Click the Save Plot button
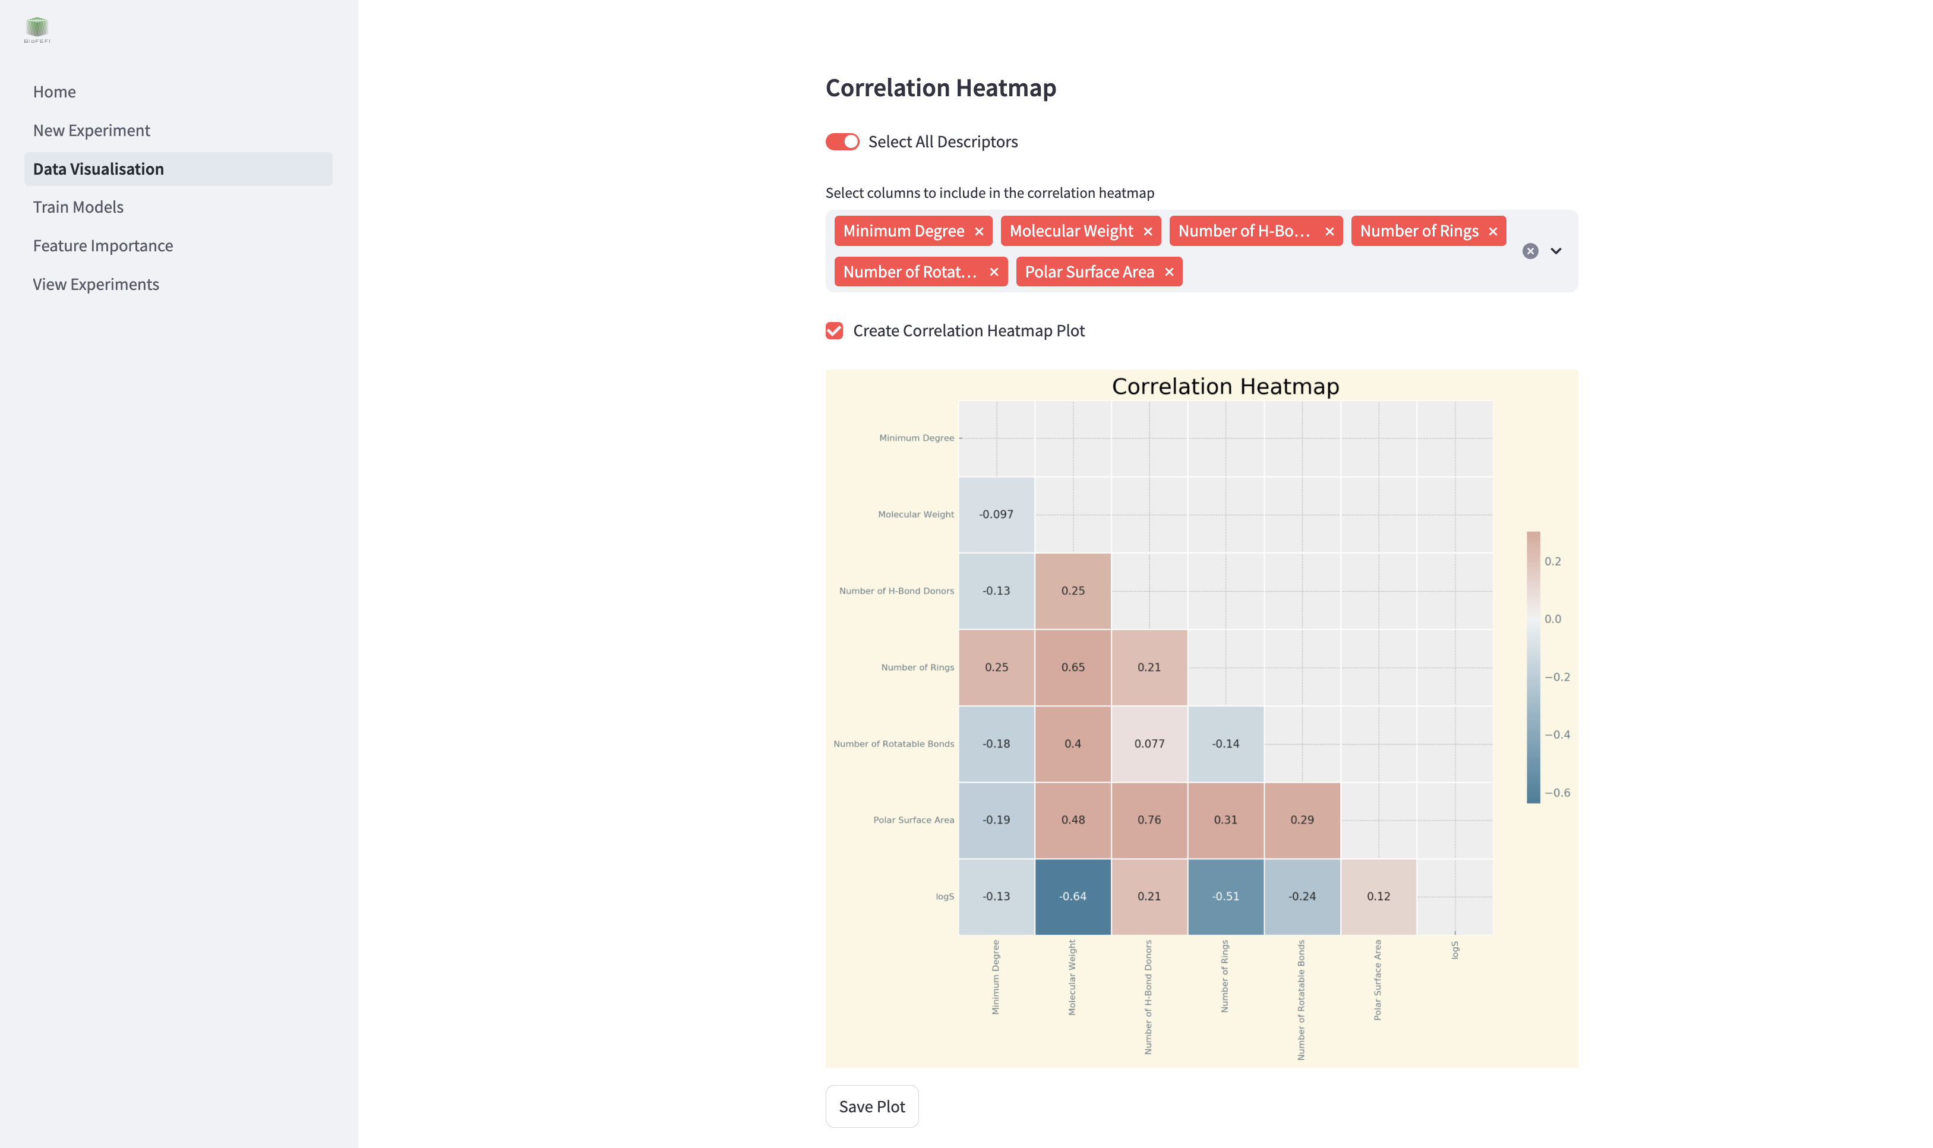point(871,1106)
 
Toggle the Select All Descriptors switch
point(842,141)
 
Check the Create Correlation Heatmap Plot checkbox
point(834,331)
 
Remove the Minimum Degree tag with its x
point(979,231)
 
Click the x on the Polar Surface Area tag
point(1169,272)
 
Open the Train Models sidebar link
point(78,207)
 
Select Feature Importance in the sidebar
point(103,246)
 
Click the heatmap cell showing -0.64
point(1072,897)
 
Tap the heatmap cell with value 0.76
point(1149,820)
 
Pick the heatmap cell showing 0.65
point(1072,667)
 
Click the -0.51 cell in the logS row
point(1226,897)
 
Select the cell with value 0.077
point(1149,743)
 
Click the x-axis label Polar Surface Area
point(1377,979)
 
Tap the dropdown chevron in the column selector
point(1556,251)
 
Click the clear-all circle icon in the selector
point(1530,251)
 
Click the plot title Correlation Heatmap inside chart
point(1225,386)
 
